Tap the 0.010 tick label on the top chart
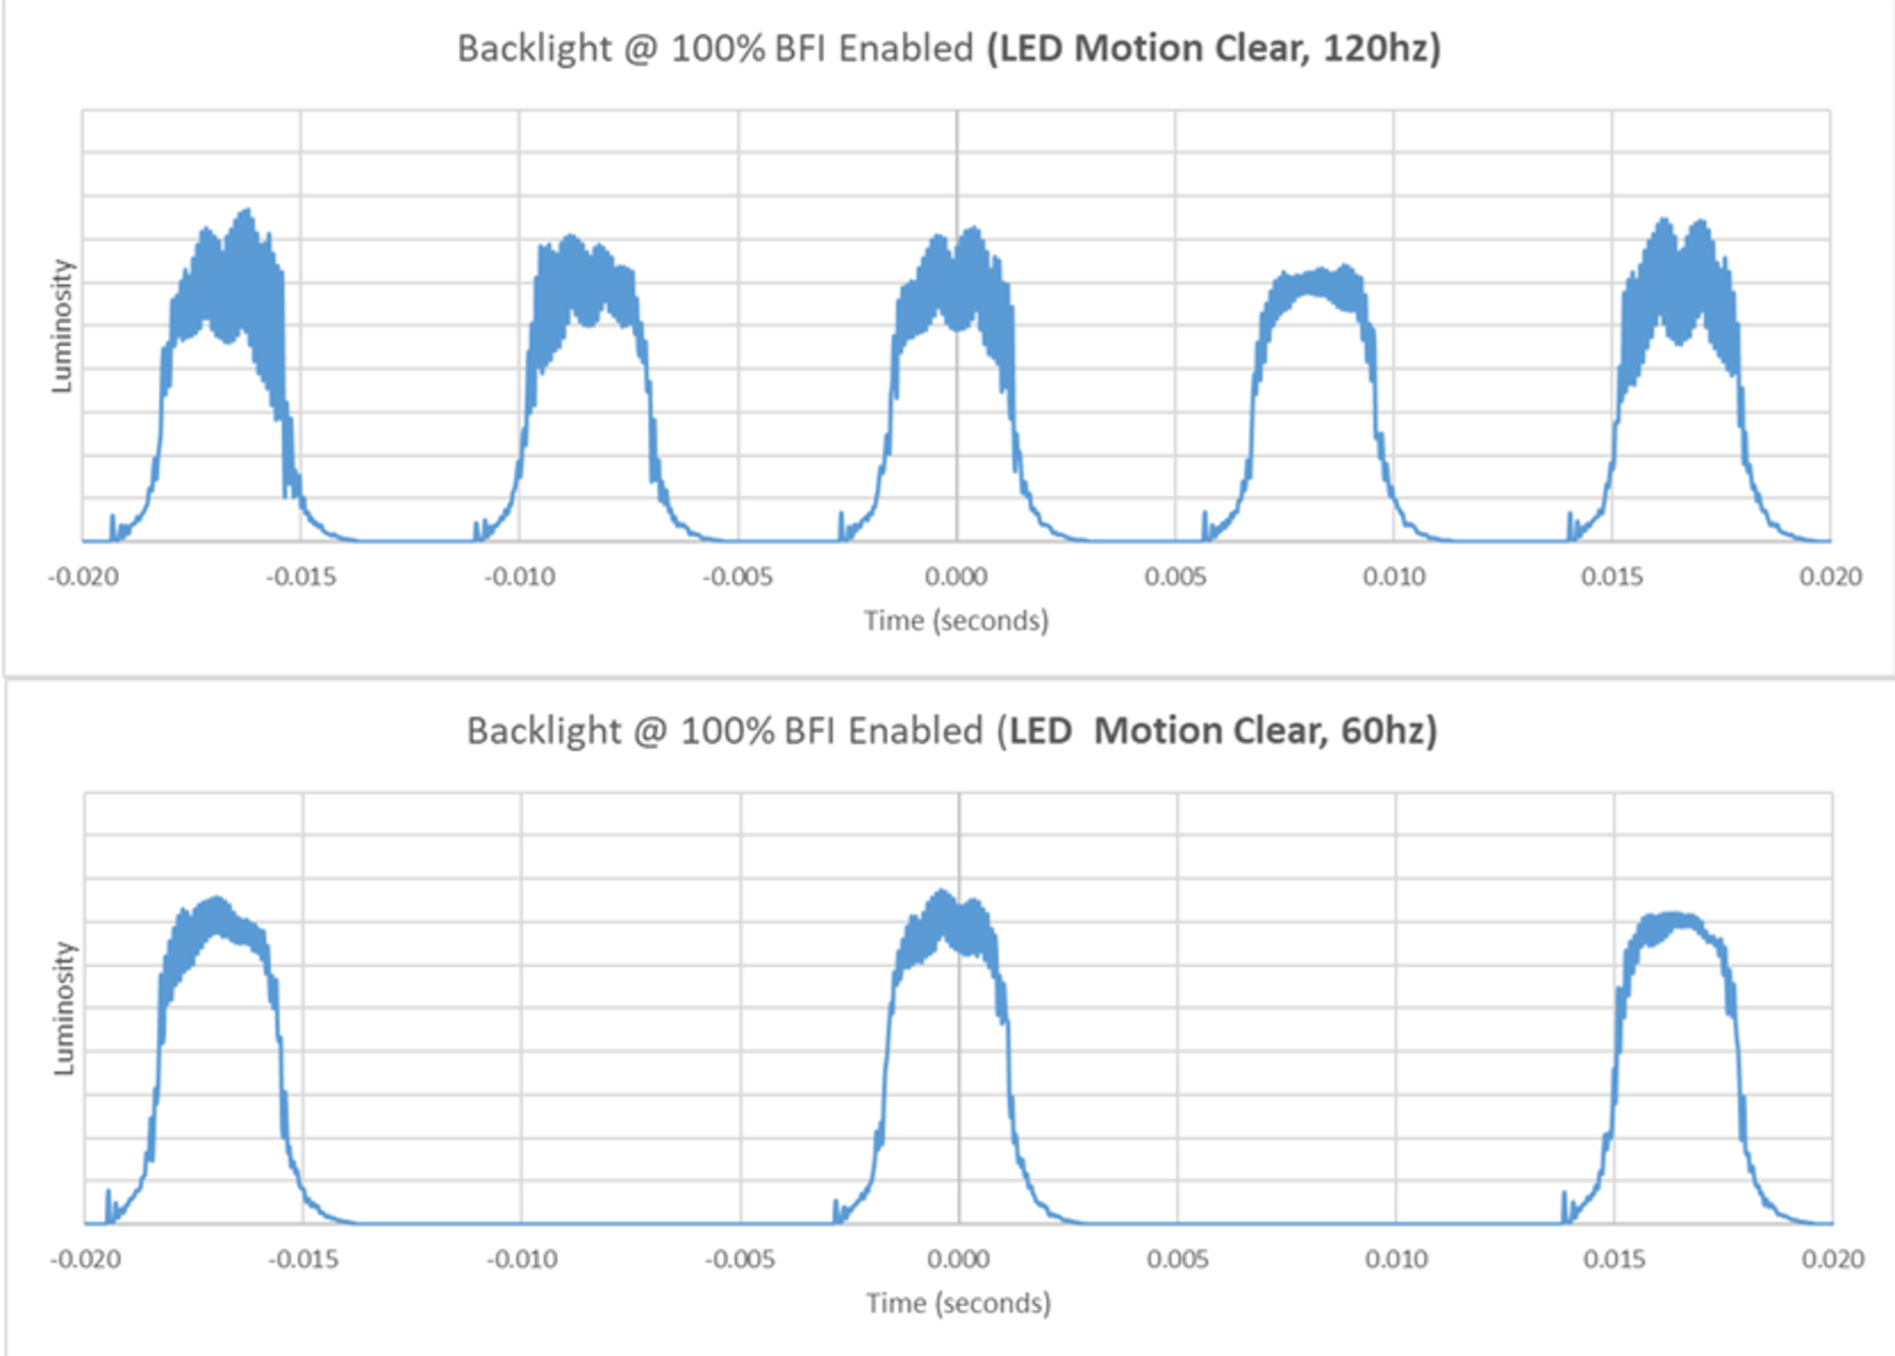tap(1393, 577)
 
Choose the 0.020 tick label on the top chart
tap(1830, 577)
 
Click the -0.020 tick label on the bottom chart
tap(85, 1259)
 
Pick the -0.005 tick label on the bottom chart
tap(740, 1259)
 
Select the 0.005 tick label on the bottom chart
tap(1177, 1259)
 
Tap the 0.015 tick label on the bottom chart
tap(1614, 1259)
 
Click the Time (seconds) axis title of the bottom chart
tap(958, 1303)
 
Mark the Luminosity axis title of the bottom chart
tap(64, 1008)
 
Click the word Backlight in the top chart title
tap(534, 48)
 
